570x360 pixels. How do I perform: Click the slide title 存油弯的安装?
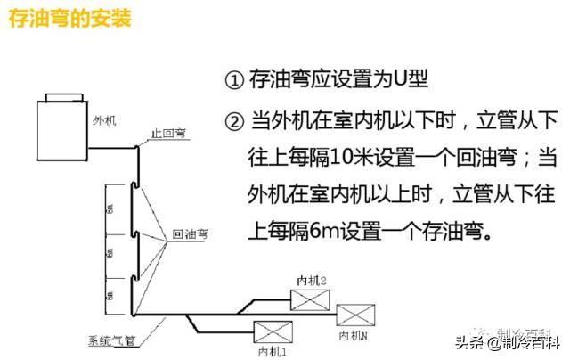[x=69, y=19]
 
